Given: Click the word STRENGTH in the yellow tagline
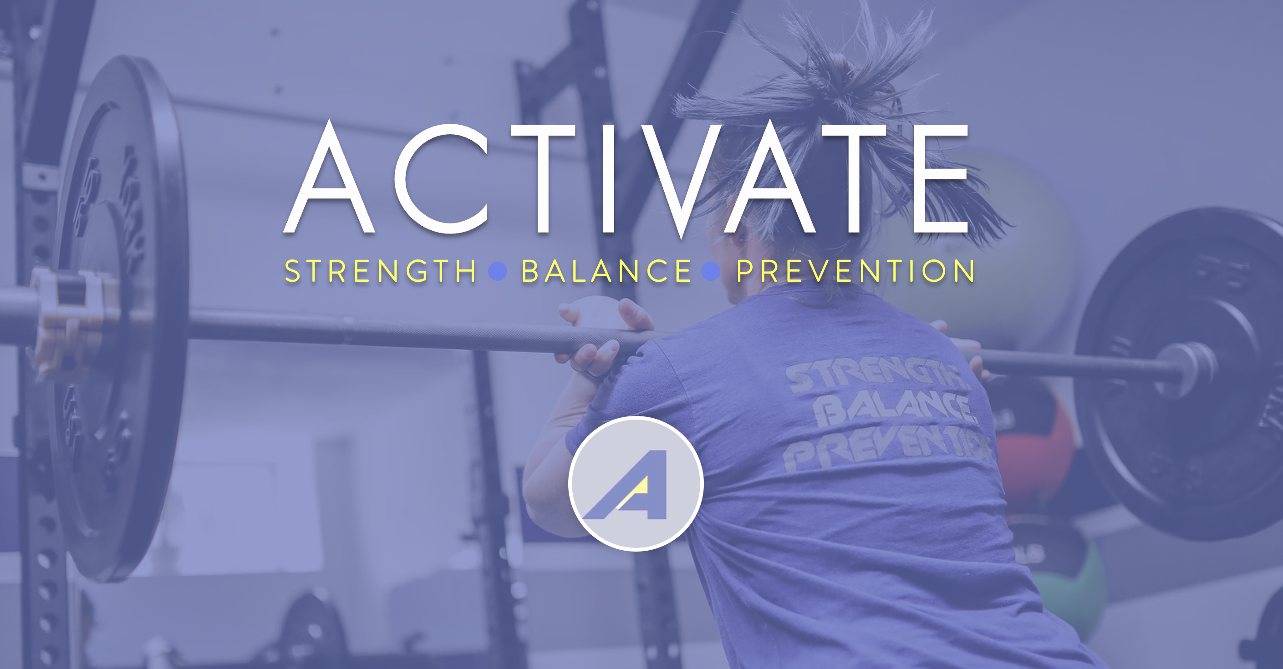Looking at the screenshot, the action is coord(380,271).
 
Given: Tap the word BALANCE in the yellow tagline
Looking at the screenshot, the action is coord(606,271).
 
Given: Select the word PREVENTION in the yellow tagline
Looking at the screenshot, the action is coord(855,271).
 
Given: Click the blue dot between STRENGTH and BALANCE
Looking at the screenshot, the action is coord(498,271).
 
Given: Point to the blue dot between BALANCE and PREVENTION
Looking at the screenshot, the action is coord(711,271).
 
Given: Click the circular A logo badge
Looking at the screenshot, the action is coord(636,484).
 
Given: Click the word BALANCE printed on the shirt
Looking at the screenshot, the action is coord(894,409).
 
